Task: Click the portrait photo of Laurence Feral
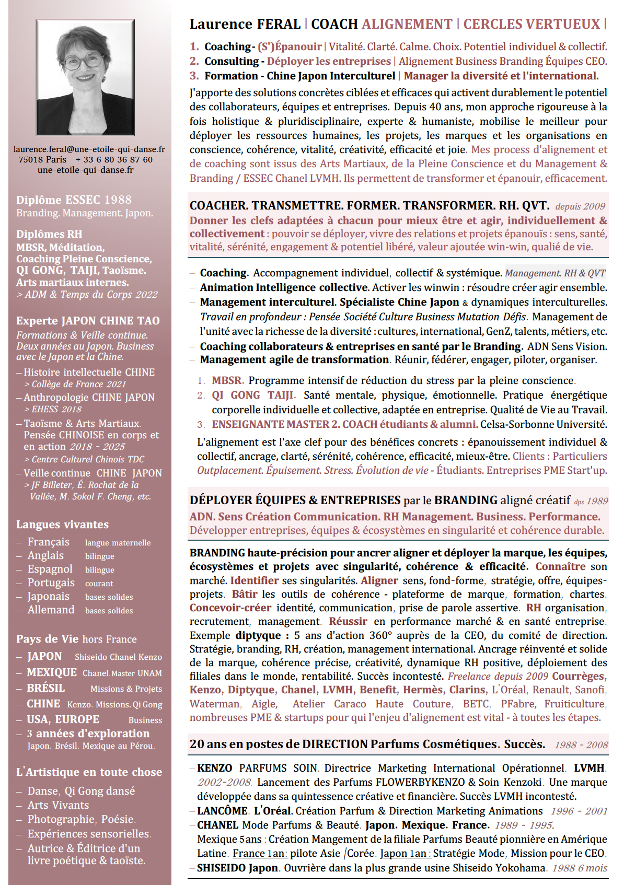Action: tap(85, 77)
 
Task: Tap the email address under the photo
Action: tap(89, 149)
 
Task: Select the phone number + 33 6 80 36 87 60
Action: tap(114, 160)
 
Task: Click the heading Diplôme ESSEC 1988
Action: tap(74, 200)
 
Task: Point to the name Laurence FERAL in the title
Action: tap(245, 24)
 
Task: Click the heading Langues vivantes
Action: tap(62, 525)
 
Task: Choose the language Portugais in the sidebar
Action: tap(51, 583)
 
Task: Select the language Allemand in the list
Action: tap(51, 610)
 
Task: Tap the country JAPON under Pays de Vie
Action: tap(44, 656)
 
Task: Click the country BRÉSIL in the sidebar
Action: tap(46, 688)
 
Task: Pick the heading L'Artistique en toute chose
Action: tap(89, 772)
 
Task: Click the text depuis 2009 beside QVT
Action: tap(580, 206)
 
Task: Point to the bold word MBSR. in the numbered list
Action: tap(228, 380)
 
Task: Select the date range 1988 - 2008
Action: tap(581, 745)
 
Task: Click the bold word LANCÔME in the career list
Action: tap(222, 811)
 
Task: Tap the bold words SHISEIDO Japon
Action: tap(237, 868)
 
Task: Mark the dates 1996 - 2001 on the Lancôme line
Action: tap(579, 811)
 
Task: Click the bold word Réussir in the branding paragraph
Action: tap(348, 621)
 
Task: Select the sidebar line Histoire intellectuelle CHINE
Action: tap(89, 372)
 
